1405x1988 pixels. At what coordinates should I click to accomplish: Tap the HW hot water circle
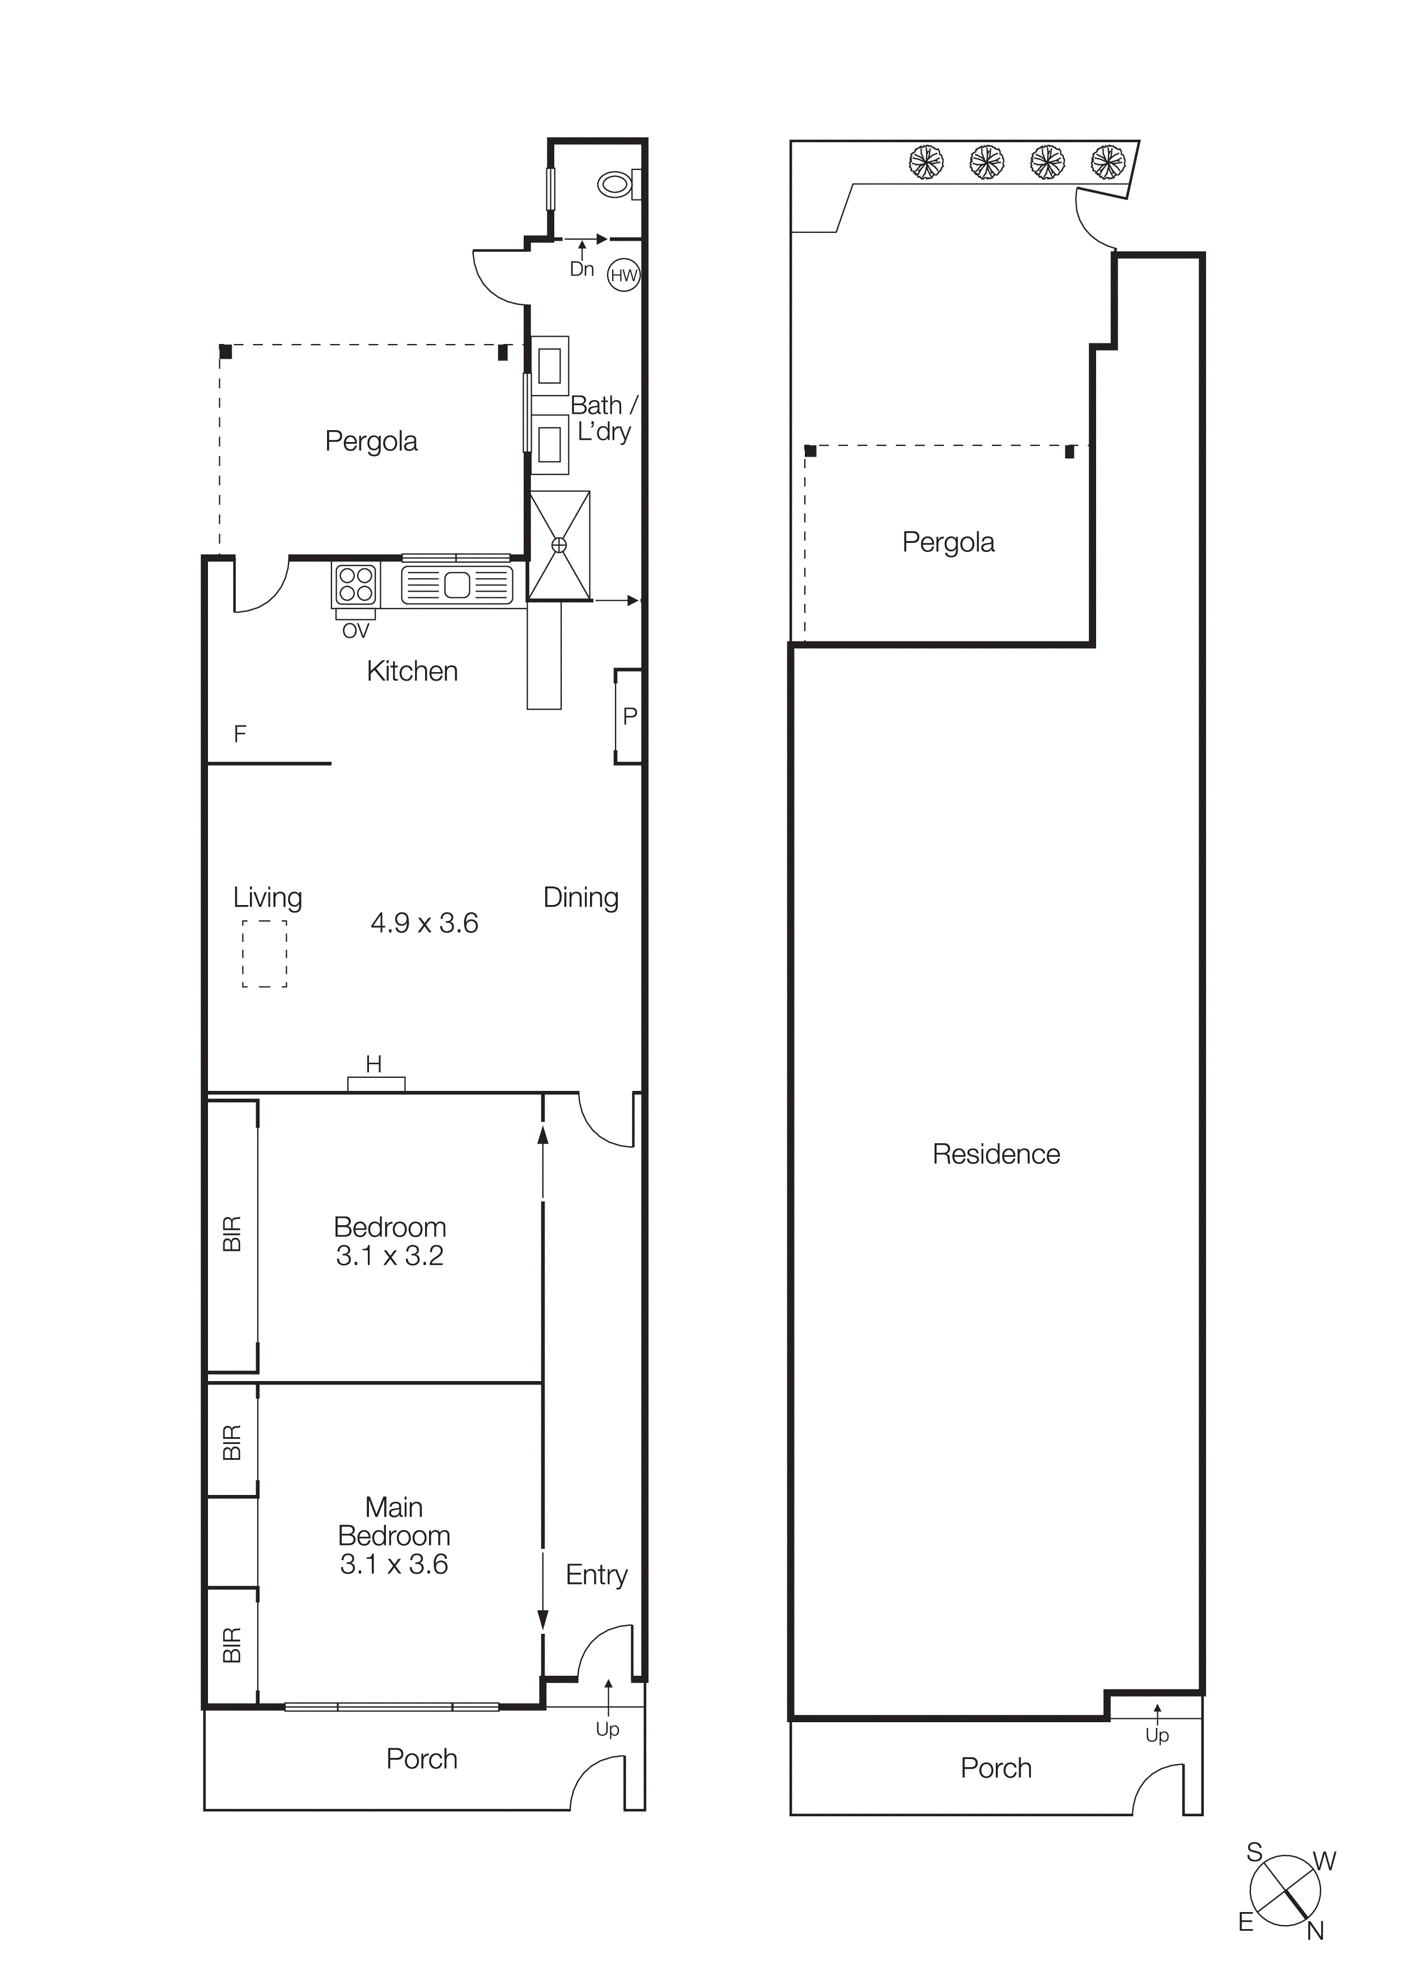coord(623,275)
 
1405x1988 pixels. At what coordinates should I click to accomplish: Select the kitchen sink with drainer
coord(457,585)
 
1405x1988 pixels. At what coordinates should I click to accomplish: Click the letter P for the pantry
coord(630,716)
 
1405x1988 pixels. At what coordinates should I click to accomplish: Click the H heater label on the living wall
coord(374,1064)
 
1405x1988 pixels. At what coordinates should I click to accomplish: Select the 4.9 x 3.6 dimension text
coord(424,923)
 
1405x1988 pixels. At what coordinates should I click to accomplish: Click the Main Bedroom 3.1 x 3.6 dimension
coord(394,1564)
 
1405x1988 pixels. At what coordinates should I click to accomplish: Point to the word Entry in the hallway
coord(596,1574)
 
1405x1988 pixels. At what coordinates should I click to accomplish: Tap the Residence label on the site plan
coord(996,1154)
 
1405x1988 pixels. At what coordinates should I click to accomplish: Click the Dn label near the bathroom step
coord(581,269)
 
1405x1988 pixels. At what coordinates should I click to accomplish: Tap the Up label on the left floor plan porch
coord(608,1729)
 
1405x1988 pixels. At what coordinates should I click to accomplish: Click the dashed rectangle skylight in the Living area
coord(264,953)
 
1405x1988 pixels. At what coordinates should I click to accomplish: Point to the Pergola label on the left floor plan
coord(371,441)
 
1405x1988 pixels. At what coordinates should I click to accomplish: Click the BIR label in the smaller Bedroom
coord(232,1234)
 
